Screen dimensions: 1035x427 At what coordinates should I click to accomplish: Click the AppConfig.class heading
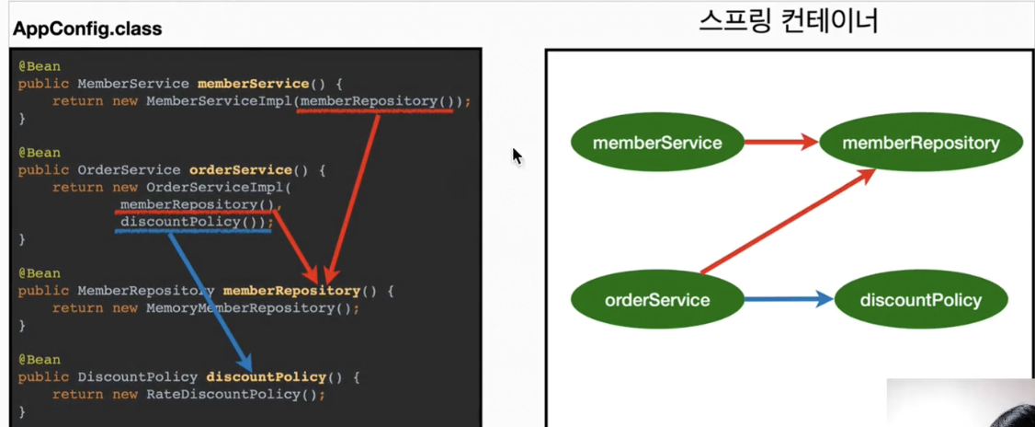(87, 29)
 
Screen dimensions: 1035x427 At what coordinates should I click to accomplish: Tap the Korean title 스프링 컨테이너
(788, 22)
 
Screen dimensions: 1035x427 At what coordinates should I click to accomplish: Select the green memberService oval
(657, 142)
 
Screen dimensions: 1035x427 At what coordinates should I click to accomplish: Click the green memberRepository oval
(921, 142)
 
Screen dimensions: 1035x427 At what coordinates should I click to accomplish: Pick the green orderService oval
(657, 300)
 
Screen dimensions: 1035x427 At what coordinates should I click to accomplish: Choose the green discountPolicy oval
(921, 300)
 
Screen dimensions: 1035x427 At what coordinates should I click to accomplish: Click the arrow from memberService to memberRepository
(782, 142)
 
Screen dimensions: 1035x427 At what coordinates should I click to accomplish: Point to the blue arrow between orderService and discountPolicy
(790, 299)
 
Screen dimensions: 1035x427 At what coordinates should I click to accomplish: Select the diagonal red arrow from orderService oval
(788, 220)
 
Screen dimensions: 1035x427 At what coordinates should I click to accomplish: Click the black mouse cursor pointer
(517, 156)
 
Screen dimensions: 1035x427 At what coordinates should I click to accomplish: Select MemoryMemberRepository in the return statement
(241, 308)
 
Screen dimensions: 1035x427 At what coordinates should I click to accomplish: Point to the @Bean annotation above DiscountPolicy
(39, 360)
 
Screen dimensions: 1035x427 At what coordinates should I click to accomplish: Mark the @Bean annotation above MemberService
(39, 67)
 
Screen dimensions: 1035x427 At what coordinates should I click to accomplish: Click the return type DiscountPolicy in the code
(137, 377)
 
